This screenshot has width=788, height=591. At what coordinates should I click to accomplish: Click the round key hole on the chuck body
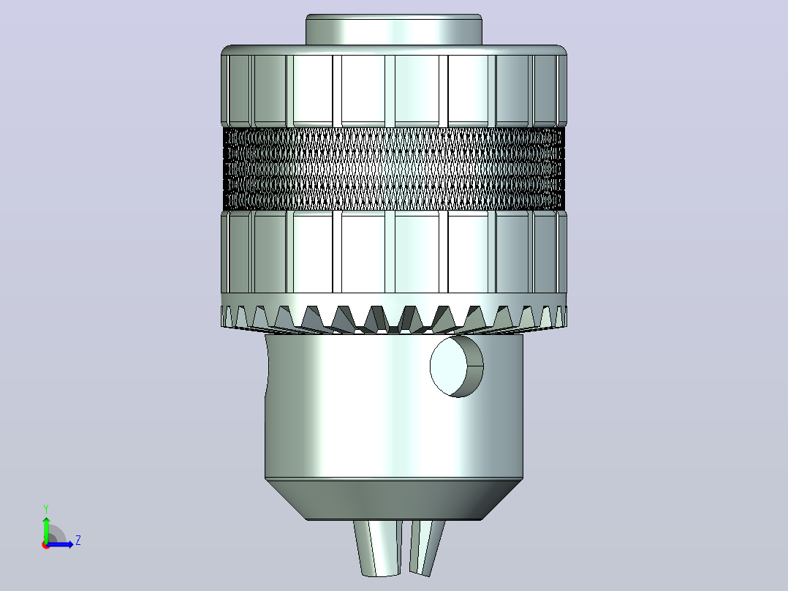tap(456, 366)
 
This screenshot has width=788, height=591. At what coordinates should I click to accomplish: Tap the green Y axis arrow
tap(46, 528)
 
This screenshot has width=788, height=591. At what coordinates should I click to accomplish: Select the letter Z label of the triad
tap(78, 541)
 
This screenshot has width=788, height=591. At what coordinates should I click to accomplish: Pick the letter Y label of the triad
tap(46, 508)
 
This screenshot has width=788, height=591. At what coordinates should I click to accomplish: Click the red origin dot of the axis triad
tap(46, 545)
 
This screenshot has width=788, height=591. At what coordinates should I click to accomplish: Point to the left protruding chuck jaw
tap(378, 547)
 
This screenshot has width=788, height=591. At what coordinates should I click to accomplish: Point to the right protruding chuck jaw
tap(426, 547)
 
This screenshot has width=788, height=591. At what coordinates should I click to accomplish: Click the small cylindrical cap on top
tap(394, 29)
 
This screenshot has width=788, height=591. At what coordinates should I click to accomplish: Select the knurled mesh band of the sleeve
tap(394, 168)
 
